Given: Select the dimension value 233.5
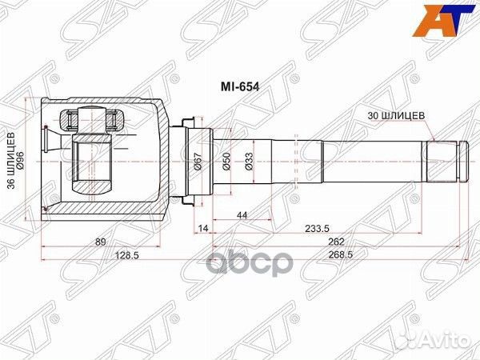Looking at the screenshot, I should point(323,230).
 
